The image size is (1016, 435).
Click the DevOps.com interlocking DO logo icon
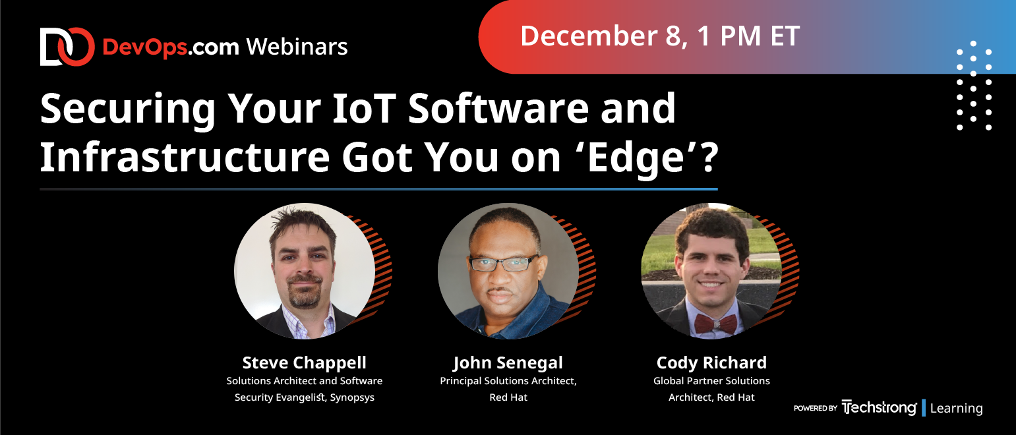click(67, 47)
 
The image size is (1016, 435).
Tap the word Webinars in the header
click(297, 47)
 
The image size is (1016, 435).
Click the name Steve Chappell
click(305, 362)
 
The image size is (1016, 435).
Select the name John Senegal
click(508, 363)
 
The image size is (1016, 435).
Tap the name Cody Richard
click(711, 363)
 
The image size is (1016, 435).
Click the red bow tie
click(716, 324)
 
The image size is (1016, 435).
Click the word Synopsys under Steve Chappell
click(352, 397)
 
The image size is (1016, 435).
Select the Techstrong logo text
click(879, 408)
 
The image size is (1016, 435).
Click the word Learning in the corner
click(956, 408)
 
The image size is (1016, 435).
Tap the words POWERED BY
click(815, 408)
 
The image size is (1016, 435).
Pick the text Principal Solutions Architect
click(508, 381)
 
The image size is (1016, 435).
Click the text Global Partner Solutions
click(711, 381)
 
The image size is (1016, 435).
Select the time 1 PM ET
click(748, 36)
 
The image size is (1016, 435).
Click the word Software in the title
click(498, 108)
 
